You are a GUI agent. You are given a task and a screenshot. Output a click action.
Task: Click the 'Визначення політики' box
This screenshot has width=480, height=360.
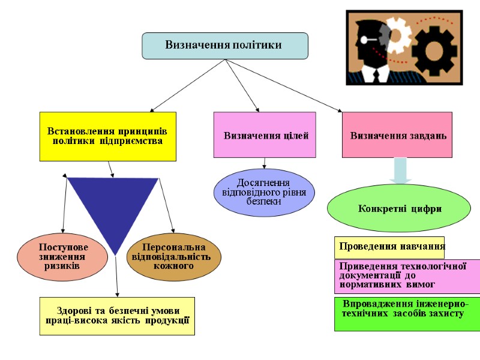(x=224, y=46)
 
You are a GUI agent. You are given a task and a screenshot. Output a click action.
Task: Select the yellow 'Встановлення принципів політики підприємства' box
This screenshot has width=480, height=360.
(x=108, y=136)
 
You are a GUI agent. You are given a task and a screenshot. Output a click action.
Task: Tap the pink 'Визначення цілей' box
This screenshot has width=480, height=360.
(x=265, y=135)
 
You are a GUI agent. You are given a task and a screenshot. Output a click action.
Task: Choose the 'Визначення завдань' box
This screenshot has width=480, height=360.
(x=397, y=135)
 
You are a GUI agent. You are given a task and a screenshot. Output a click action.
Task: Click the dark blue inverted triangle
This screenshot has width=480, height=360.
(x=113, y=204)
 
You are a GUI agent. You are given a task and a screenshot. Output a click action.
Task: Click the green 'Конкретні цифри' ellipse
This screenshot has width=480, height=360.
(x=399, y=209)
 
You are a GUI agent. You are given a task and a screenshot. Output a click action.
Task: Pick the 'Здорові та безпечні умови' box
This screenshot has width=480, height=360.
(x=117, y=316)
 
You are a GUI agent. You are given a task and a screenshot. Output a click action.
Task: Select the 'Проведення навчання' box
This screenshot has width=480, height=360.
(x=389, y=246)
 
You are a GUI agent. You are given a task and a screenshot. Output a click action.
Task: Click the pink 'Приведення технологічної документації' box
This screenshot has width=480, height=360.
(x=407, y=276)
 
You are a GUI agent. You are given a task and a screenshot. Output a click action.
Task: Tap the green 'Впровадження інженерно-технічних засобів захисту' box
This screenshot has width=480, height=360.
(x=407, y=313)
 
